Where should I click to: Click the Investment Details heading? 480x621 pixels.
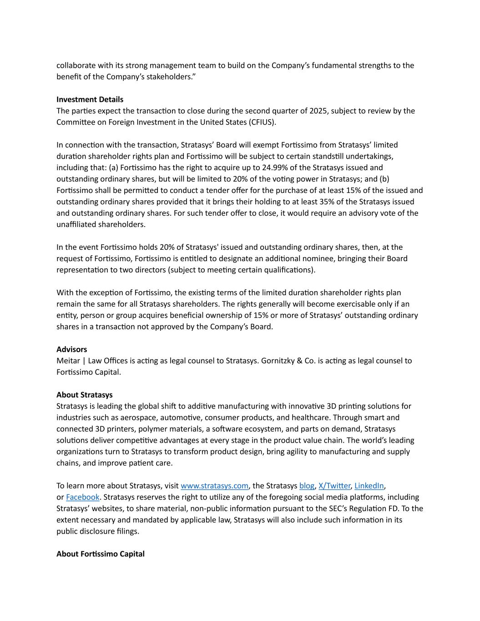90,99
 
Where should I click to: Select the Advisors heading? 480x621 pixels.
71,349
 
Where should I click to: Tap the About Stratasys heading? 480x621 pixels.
84,395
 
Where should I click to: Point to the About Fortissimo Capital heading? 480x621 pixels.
100,554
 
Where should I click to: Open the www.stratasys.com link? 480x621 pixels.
214,486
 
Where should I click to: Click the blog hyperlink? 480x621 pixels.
307,486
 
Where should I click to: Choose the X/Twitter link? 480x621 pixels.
334,486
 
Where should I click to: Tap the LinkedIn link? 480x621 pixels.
369,486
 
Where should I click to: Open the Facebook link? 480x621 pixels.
82,497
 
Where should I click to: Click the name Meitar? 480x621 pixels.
68,361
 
